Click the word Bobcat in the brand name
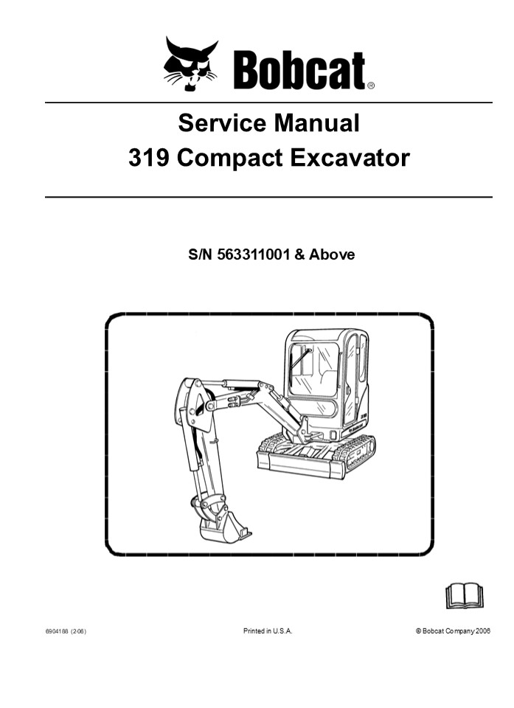(299, 72)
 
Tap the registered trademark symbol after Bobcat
(371, 86)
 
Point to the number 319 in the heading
(150, 158)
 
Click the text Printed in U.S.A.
(268, 631)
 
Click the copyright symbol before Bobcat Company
(418, 631)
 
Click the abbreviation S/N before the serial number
(201, 255)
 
